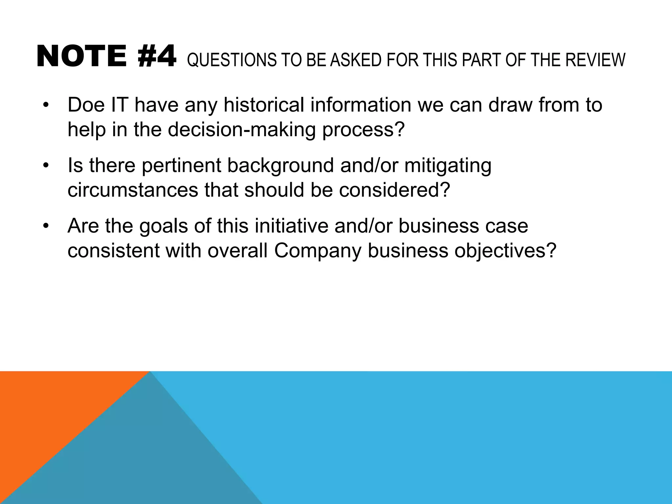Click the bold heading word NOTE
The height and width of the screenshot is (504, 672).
tap(81, 57)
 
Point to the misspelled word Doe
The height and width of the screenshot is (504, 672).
tap(86, 105)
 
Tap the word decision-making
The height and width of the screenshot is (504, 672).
tap(242, 130)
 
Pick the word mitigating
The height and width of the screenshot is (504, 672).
tap(448, 166)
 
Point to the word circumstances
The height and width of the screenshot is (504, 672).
tap(133, 190)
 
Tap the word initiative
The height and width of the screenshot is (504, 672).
tap(291, 226)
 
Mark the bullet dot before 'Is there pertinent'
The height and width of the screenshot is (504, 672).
tap(46, 165)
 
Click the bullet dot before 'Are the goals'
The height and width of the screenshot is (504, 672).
tap(46, 226)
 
